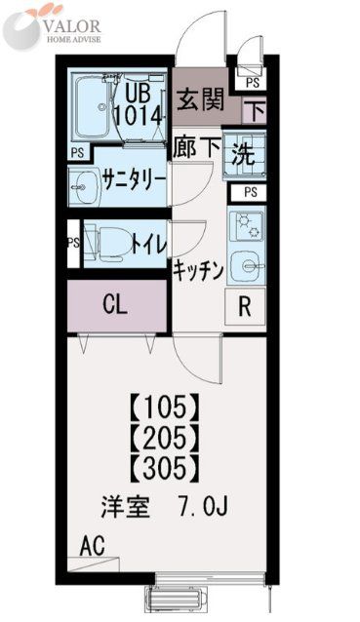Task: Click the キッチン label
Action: click(x=199, y=270)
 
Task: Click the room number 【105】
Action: click(x=166, y=403)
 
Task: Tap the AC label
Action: click(x=95, y=542)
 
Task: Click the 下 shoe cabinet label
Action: click(x=258, y=109)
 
